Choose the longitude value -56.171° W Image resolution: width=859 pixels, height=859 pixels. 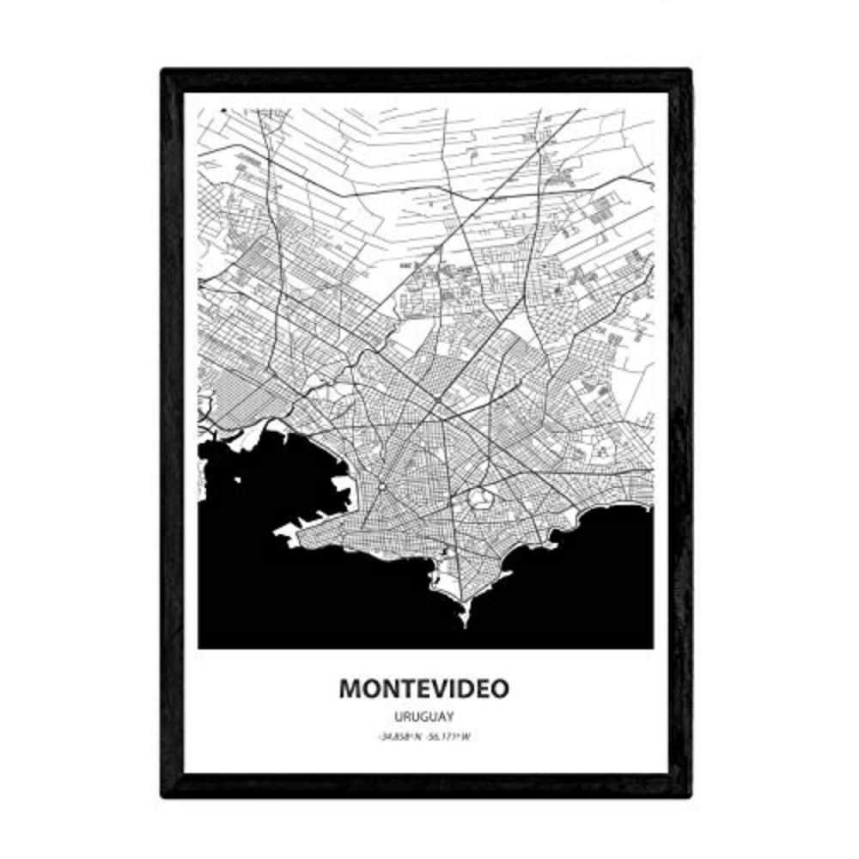pyautogui.click(x=450, y=735)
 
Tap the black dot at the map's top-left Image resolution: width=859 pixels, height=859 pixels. pyautogui.click(x=222, y=111)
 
